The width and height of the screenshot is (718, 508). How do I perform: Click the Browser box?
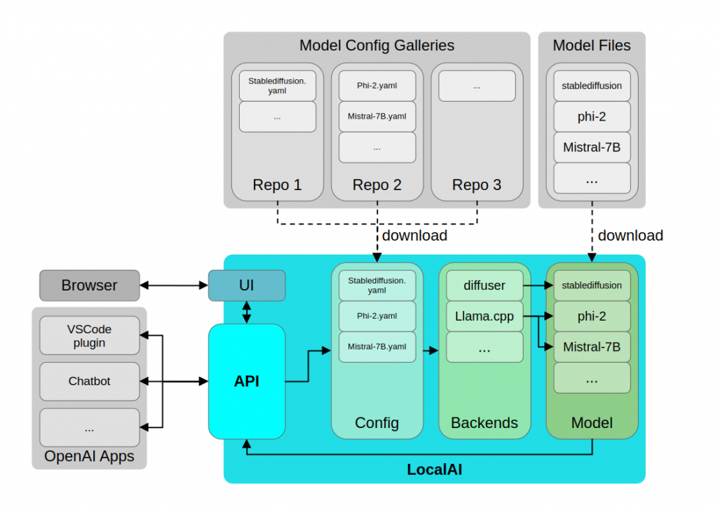pyautogui.click(x=88, y=286)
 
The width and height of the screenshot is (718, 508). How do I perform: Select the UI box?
pyautogui.click(x=247, y=286)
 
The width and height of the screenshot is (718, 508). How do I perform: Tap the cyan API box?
pyautogui.click(x=247, y=381)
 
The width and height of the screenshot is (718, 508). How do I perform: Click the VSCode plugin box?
pyautogui.click(x=89, y=335)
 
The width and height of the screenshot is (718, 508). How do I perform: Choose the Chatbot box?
pyautogui.click(x=89, y=381)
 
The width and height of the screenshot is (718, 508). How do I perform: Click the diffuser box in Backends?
pyautogui.click(x=485, y=286)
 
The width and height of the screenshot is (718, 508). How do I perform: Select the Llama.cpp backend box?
pyautogui.click(x=485, y=316)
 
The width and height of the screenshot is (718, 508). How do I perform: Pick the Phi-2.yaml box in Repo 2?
pyautogui.click(x=377, y=86)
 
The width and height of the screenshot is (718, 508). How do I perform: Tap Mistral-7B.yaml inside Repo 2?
pyautogui.click(x=377, y=116)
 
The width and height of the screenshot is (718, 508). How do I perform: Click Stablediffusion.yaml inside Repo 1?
pyautogui.click(x=277, y=86)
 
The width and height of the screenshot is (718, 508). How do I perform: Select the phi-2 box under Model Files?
pyautogui.click(x=592, y=116)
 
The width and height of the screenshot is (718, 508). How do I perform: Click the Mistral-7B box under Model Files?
pyautogui.click(x=592, y=147)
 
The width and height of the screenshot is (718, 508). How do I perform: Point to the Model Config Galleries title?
pyautogui.click(x=377, y=46)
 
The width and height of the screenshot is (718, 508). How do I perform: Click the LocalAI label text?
pyautogui.click(x=434, y=469)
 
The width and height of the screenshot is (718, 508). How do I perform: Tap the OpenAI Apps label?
pyautogui.click(x=89, y=457)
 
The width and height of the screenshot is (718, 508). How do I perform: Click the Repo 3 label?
pyautogui.click(x=477, y=185)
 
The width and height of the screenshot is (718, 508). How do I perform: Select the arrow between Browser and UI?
pyautogui.click(x=174, y=286)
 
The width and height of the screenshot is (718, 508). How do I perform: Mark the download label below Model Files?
pyautogui.click(x=630, y=235)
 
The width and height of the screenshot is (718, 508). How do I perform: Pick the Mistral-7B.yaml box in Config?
pyautogui.click(x=377, y=347)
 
